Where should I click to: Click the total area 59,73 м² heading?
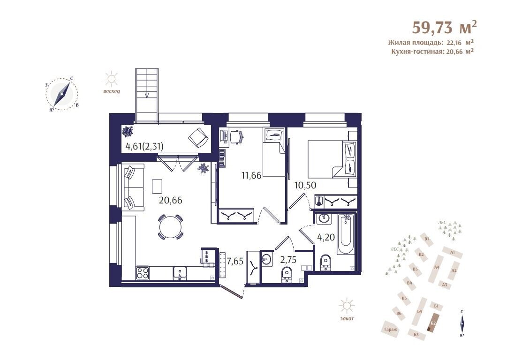445,27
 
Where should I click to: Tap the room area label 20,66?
170,200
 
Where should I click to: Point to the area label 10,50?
305,185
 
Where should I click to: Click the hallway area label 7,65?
235,261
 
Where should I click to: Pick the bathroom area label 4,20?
326,237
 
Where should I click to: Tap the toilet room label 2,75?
288,260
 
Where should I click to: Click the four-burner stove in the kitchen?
142,273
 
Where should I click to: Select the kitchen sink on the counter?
180,273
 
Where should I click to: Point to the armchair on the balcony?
198,138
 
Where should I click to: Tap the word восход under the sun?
112,91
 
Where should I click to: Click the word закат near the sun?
347,318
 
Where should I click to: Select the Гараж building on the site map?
391,329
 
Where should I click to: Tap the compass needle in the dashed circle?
61,94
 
